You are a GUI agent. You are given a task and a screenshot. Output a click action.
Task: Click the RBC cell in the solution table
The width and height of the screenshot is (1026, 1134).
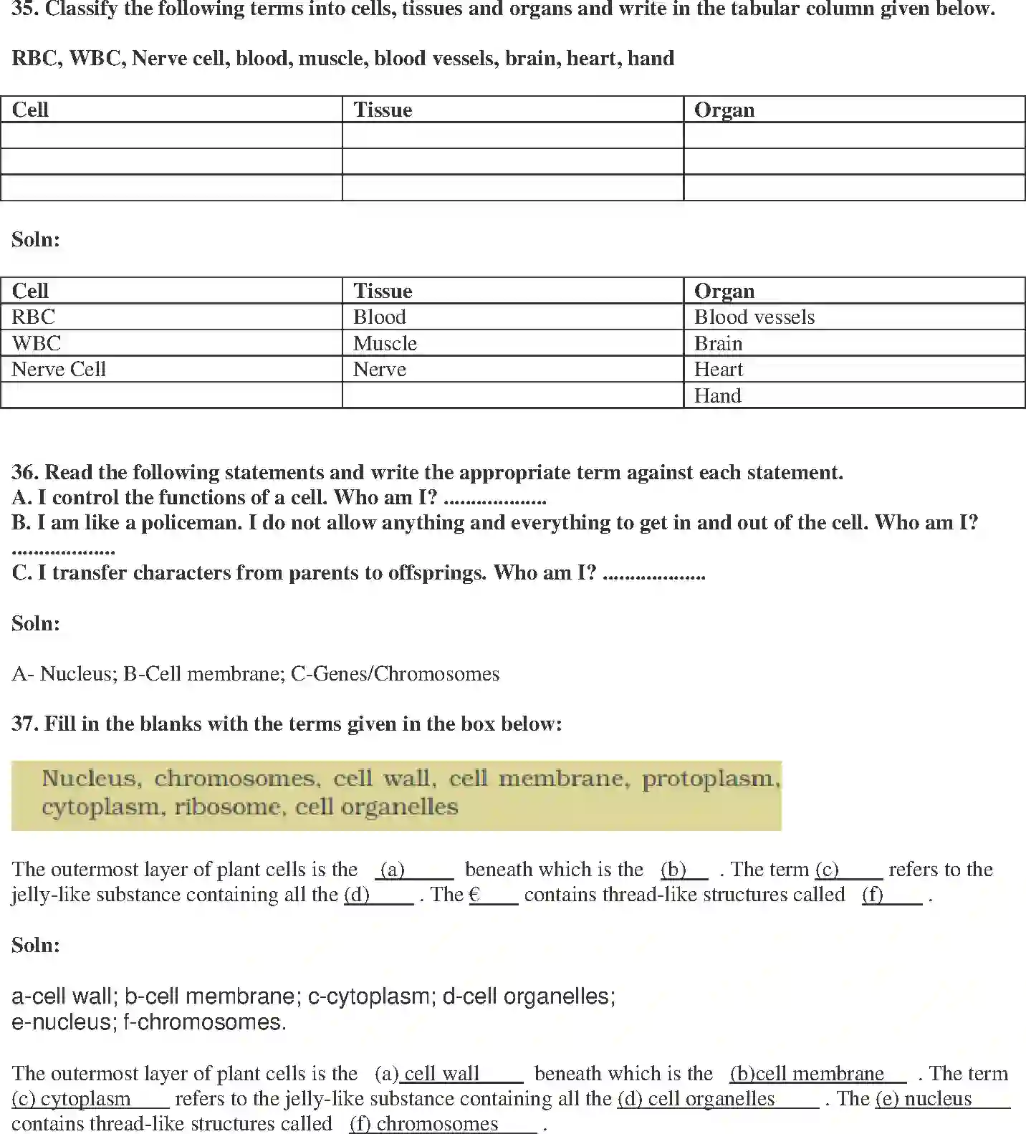click(x=34, y=317)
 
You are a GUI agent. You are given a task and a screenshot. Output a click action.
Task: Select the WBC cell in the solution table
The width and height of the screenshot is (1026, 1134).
click(x=37, y=343)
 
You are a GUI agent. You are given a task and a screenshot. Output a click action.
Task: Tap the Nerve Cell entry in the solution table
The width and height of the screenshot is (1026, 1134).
click(x=59, y=369)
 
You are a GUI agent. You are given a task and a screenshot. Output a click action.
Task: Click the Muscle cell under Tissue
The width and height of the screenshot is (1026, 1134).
click(x=385, y=343)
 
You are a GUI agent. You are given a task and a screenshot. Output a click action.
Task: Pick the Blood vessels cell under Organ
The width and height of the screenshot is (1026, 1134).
click(x=754, y=317)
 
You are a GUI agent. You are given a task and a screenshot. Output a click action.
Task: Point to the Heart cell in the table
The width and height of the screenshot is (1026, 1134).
click(x=719, y=369)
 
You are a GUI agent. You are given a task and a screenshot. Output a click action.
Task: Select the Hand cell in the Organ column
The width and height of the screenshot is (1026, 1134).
click(x=718, y=395)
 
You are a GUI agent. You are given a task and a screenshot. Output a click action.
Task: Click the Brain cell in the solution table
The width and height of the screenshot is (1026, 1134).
click(x=718, y=343)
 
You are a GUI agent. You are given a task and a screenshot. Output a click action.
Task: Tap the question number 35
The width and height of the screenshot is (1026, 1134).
click(x=24, y=9)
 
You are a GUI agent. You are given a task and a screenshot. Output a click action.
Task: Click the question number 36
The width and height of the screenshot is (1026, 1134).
click(x=24, y=472)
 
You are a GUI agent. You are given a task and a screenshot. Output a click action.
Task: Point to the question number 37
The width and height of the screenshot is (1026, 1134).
click(x=24, y=724)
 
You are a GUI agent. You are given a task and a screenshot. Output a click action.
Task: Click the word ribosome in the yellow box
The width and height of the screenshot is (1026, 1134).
click(x=228, y=807)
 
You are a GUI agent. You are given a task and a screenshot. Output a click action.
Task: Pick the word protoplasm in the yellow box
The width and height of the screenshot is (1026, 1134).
click(x=709, y=779)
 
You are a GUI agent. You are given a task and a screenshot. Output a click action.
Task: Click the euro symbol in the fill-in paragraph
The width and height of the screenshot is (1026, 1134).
click(x=474, y=895)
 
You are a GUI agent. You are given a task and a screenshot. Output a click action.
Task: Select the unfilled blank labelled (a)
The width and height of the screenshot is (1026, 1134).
click(x=414, y=870)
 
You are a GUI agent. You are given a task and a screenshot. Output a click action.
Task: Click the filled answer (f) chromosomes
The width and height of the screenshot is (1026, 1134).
click(x=441, y=1123)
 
